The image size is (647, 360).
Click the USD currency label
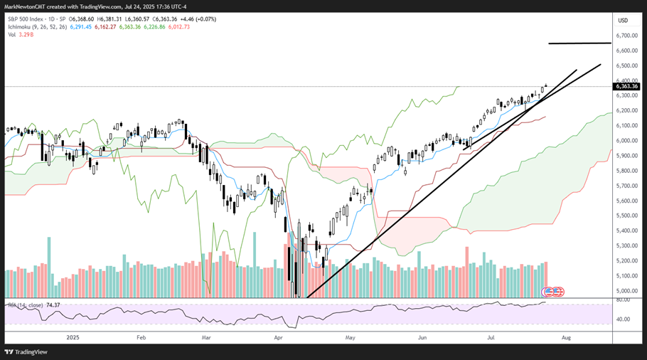624,20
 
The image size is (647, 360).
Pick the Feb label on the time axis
140,339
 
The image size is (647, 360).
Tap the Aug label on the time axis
566,339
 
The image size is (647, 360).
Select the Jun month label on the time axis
422,339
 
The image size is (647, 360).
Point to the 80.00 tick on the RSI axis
624,300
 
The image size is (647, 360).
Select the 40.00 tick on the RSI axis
624,319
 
